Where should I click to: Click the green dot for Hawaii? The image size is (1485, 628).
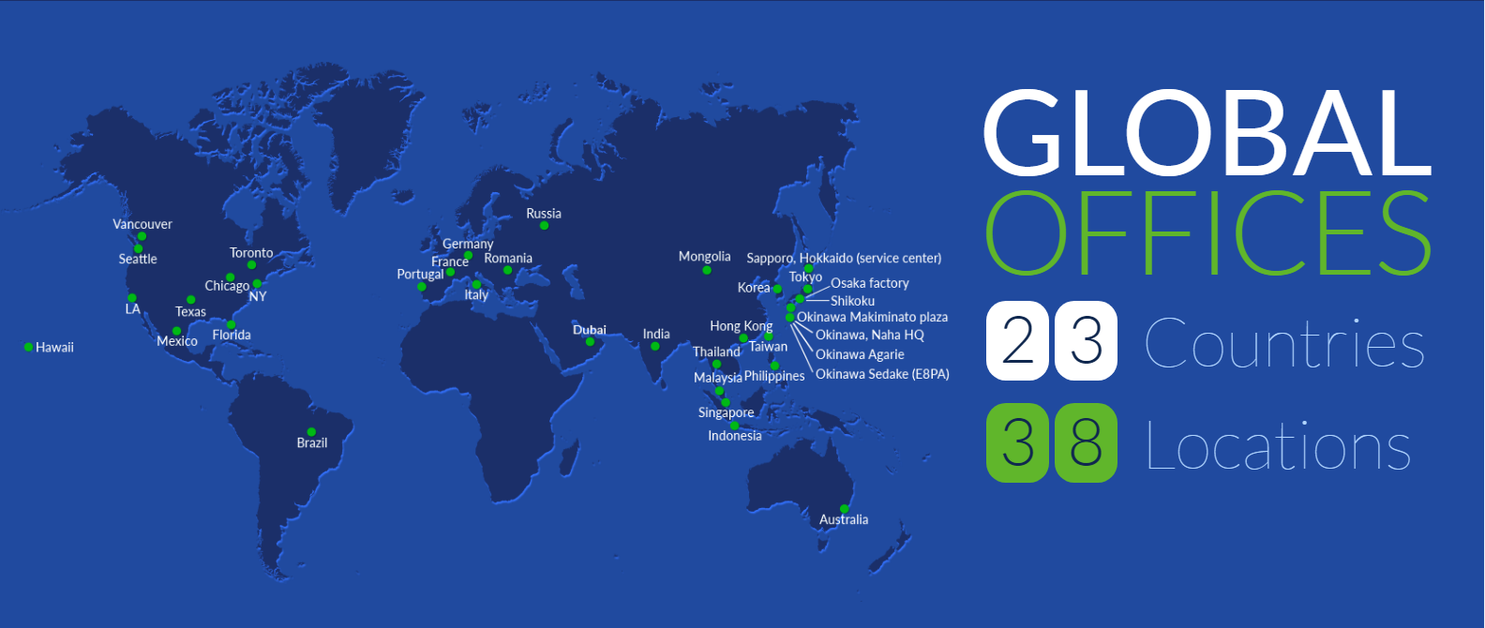(x=28, y=347)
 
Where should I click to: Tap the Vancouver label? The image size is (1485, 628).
(x=142, y=224)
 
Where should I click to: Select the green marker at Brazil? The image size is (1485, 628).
(x=311, y=432)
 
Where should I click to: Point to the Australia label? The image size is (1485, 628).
(x=843, y=519)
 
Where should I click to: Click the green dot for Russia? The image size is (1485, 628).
(x=545, y=226)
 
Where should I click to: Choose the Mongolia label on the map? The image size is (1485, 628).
(x=705, y=257)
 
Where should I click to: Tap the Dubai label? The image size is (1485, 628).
(x=590, y=330)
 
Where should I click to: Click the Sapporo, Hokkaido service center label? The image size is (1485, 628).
(x=844, y=258)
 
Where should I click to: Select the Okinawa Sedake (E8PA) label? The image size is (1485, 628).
(x=882, y=374)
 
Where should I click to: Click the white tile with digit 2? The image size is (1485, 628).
(x=1017, y=341)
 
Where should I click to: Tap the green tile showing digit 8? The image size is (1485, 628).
(x=1086, y=442)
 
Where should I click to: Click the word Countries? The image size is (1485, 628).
(x=1284, y=343)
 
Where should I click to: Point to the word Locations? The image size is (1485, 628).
(x=1278, y=445)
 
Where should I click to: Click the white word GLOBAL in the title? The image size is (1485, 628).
(x=1207, y=134)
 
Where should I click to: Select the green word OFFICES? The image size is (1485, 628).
(x=1207, y=232)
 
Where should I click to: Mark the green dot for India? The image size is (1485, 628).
(x=655, y=346)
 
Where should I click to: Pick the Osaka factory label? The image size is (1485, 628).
(x=870, y=283)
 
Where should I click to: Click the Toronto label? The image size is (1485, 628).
(x=251, y=253)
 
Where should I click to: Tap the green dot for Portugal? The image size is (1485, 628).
(x=422, y=287)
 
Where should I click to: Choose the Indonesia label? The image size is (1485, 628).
(x=735, y=436)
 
